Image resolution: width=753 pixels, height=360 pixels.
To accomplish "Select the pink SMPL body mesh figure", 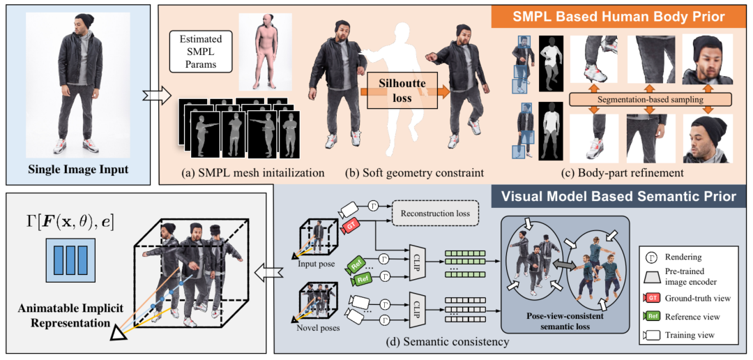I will pos(259,52).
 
